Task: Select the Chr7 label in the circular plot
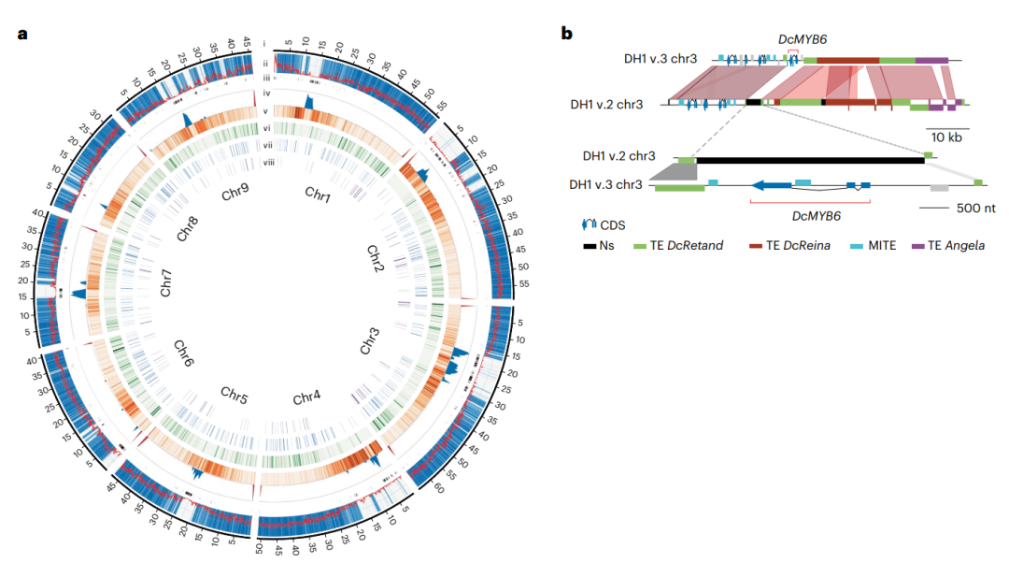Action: click(x=166, y=284)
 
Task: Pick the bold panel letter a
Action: click(x=21, y=35)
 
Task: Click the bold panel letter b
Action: click(x=566, y=35)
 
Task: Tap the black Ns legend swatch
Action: click(x=590, y=246)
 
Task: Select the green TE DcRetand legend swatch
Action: click(x=640, y=246)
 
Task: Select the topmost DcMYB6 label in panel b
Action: click(x=803, y=39)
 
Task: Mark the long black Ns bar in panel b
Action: click(x=809, y=161)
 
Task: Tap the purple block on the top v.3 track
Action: click(x=931, y=61)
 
